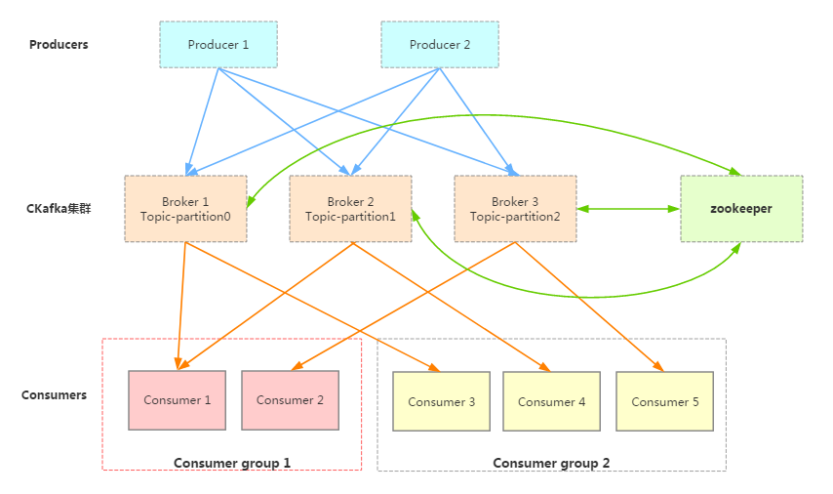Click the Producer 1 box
click(x=218, y=45)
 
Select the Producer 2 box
click(x=440, y=45)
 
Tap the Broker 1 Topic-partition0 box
click(x=185, y=209)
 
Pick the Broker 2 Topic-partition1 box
click(x=350, y=209)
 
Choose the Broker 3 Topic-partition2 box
click(x=515, y=209)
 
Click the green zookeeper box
click(x=741, y=209)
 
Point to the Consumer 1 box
click(x=177, y=400)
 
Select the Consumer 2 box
click(x=290, y=400)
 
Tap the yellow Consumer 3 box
click(x=442, y=401)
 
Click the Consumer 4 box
click(x=551, y=401)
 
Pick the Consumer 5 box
click(x=665, y=401)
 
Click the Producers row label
click(x=59, y=45)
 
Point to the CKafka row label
click(x=59, y=209)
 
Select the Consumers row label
click(x=54, y=395)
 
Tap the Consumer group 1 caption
click(x=232, y=463)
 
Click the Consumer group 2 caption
click(x=551, y=463)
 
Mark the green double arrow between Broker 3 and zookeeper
click(x=628, y=209)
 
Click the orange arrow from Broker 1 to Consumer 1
click(x=181, y=303)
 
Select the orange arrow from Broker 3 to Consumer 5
click(x=590, y=307)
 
